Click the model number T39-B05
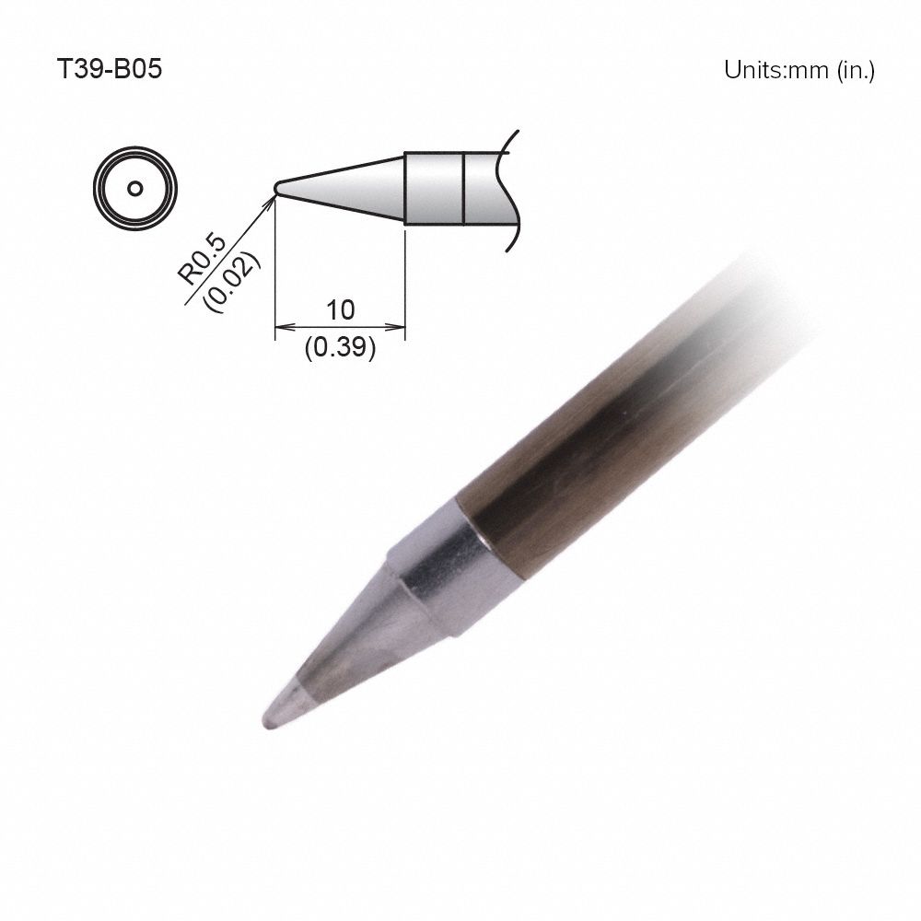(x=110, y=71)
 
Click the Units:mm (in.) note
(x=799, y=71)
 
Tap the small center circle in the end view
(x=135, y=189)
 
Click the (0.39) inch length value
(x=340, y=349)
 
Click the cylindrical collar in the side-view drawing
(x=433, y=188)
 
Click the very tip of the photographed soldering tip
(x=267, y=724)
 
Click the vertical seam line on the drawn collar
(x=462, y=188)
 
